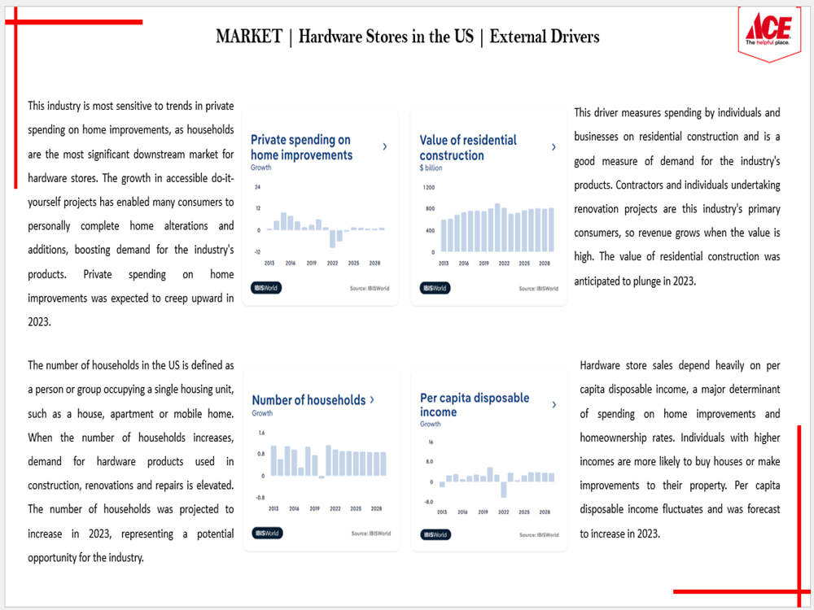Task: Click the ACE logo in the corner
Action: pos(768,31)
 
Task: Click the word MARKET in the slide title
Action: pos(248,37)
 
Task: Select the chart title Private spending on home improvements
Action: pos(301,147)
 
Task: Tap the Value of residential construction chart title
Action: pos(468,147)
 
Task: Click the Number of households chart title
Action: pos(309,400)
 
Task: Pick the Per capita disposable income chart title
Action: pos(475,404)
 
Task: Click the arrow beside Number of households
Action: pos(372,399)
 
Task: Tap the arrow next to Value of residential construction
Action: pos(554,147)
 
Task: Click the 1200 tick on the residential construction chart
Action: pos(428,187)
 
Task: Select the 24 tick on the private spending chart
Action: pos(257,187)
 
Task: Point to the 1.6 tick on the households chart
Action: pos(261,434)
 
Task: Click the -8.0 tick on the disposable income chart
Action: pos(428,502)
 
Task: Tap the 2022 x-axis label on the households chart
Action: pos(335,508)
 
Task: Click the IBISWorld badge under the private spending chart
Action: pos(266,287)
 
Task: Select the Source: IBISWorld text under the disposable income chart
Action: pos(539,534)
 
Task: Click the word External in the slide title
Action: pos(521,37)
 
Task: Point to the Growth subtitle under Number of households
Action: pos(262,413)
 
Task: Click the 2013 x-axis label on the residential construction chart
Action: pos(444,264)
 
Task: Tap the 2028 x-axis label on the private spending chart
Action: pos(375,264)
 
